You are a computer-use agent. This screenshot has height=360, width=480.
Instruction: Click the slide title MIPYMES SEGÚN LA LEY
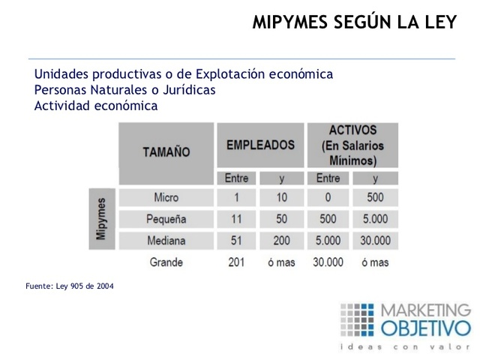point(354,22)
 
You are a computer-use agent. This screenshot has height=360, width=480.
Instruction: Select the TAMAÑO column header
point(166,152)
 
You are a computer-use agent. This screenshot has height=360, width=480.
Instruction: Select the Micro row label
point(166,198)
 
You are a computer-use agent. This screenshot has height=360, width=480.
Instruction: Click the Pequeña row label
point(166,220)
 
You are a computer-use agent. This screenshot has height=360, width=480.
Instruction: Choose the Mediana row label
point(166,241)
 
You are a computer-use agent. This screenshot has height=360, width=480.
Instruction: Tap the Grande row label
point(166,262)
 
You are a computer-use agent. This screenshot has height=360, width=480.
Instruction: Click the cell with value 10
point(281,198)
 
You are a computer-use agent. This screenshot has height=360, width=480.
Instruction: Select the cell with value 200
point(281,241)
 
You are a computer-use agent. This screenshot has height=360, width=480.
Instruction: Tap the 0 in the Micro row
point(328,198)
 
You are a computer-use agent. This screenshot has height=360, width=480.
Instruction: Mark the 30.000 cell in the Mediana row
point(375,241)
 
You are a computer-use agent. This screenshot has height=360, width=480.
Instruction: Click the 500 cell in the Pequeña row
point(328,220)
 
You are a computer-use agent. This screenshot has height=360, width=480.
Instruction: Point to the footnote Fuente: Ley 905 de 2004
point(70,286)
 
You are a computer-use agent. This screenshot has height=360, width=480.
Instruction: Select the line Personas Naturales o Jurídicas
point(124,90)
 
